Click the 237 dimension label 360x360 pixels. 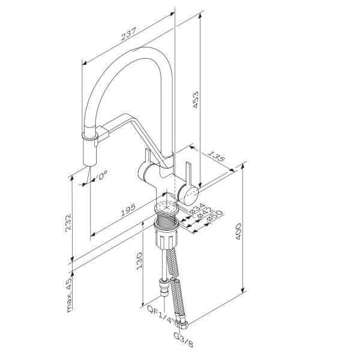coord(128,34)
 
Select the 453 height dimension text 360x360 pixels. coord(195,100)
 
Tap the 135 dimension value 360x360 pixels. coord(216,156)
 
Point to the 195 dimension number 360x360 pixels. coord(128,210)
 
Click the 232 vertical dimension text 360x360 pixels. coord(68,223)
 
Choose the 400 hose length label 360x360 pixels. coord(238,232)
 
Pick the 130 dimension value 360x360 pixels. coord(139,261)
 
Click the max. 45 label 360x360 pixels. coord(69,293)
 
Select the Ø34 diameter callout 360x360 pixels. coord(197,208)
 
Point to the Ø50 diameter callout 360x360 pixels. coord(214,216)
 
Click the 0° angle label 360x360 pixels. coord(102,175)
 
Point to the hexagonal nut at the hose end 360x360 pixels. coord(182,323)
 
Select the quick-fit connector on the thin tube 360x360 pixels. coord(164,287)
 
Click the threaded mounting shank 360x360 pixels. coord(166,219)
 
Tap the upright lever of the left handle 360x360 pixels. coord(147,156)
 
